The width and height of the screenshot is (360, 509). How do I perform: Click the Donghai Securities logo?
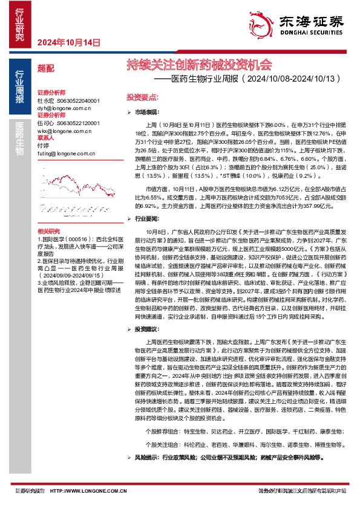(x=310, y=24)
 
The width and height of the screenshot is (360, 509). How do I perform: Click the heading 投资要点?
(x=142, y=97)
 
